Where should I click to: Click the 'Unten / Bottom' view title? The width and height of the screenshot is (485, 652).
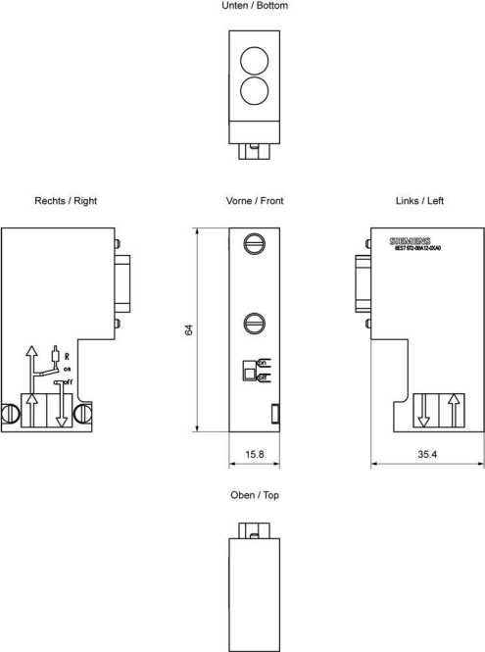pyautogui.click(x=255, y=6)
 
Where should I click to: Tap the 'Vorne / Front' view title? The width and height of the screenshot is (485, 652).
pyautogui.click(x=255, y=201)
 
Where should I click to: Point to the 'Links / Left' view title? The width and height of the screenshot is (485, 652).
pyautogui.click(x=419, y=201)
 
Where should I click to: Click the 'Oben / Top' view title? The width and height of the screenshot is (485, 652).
pyautogui.click(x=255, y=495)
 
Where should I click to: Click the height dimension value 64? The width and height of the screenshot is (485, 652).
pyautogui.click(x=189, y=330)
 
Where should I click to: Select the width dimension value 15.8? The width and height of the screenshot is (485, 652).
pyautogui.click(x=255, y=455)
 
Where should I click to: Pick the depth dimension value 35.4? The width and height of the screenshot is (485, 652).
pyautogui.click(x=427, y=455)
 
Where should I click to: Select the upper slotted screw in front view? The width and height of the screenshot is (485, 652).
pyautogui.click(x=255, y=242)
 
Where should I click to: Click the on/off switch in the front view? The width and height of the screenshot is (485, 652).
pyautogui.click(x=250, y=370)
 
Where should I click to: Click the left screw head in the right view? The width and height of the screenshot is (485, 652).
pyautogui.click(x=12, y=415)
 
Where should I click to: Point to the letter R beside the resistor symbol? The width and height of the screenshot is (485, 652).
pyautogui.click(x=67, y=357)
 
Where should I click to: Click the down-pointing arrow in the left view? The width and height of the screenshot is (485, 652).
pyautogui.click(x=423, y=409)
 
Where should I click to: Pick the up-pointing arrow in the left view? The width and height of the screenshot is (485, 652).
pyautogui.click(x=453, y=409)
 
